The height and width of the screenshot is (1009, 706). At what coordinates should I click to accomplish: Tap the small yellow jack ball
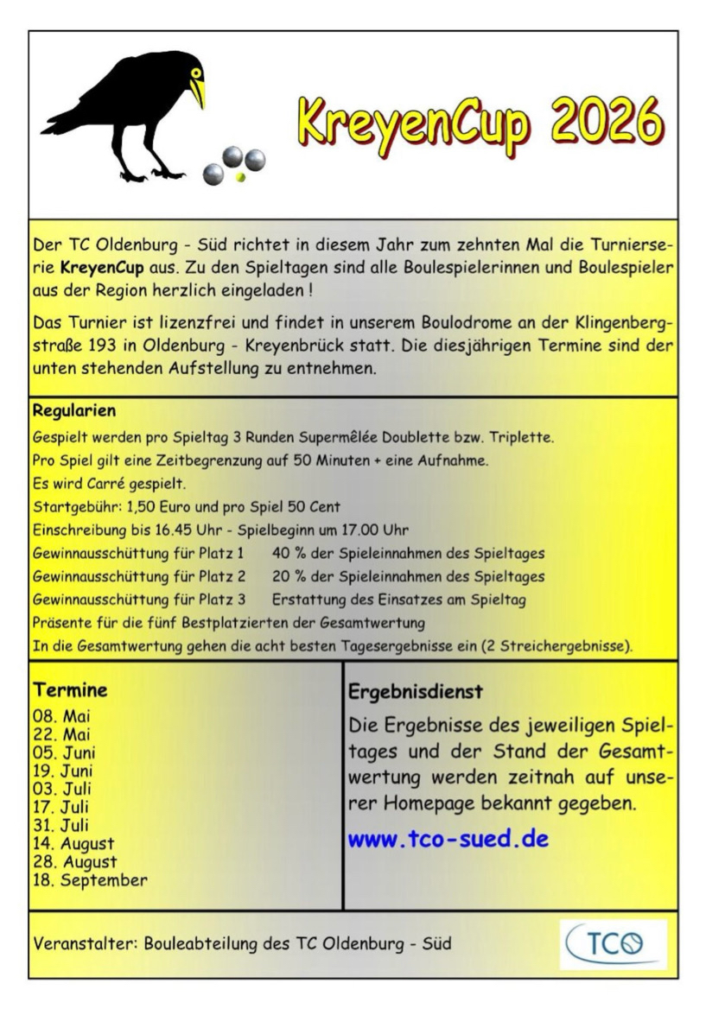pos(240,176)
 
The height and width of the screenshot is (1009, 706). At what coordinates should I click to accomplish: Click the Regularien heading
pos(73,409)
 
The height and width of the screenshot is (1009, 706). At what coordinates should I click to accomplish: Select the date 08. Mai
pos(61,715)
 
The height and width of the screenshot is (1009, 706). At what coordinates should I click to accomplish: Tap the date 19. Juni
pos(63,770)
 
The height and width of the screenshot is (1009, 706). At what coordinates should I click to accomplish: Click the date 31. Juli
pos(61,825)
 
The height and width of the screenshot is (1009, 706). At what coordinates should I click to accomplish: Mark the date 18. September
pos(90,880)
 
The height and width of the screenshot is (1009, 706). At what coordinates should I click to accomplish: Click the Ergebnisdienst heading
pos(416,693)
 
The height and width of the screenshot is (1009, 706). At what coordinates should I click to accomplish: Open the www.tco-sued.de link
pos(448,839)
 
